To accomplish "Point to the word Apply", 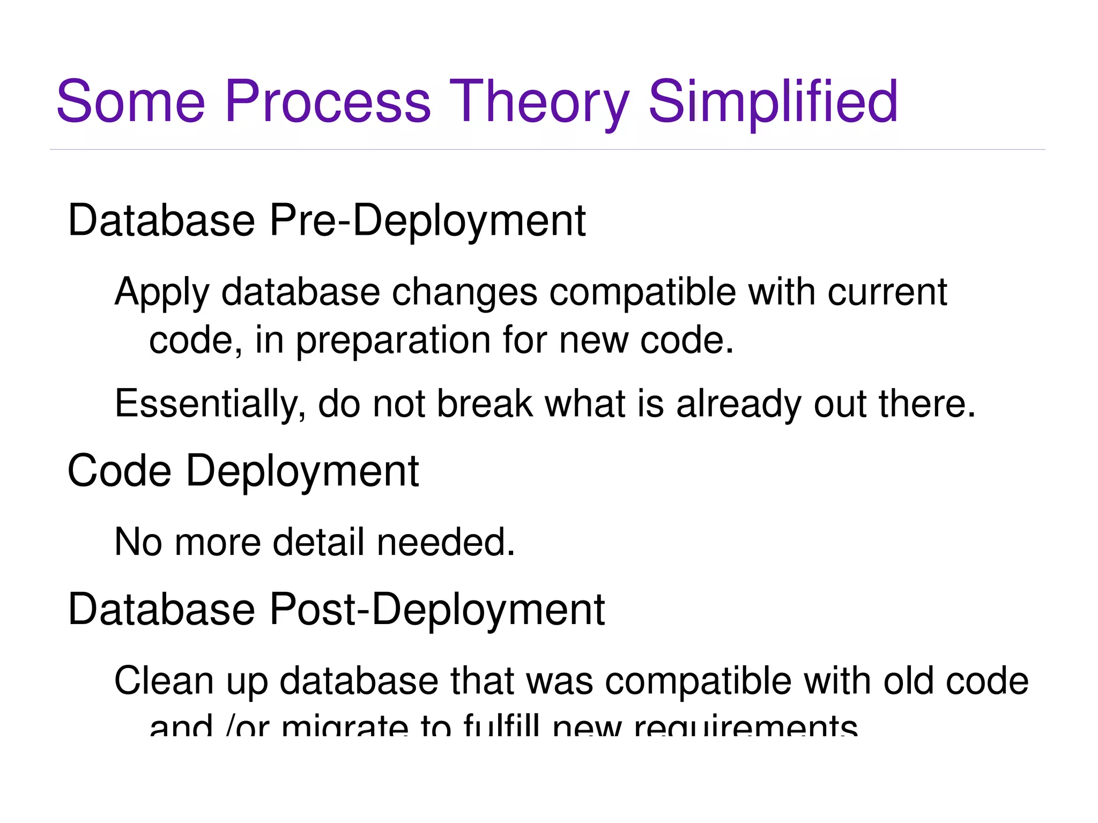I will click(161, 293).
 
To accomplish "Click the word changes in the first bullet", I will click(464, 293).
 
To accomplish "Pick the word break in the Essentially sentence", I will click(485, 404).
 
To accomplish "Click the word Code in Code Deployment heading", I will click(119, 471).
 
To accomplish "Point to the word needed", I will click(446, 542).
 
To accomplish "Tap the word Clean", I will click(164, 681).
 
